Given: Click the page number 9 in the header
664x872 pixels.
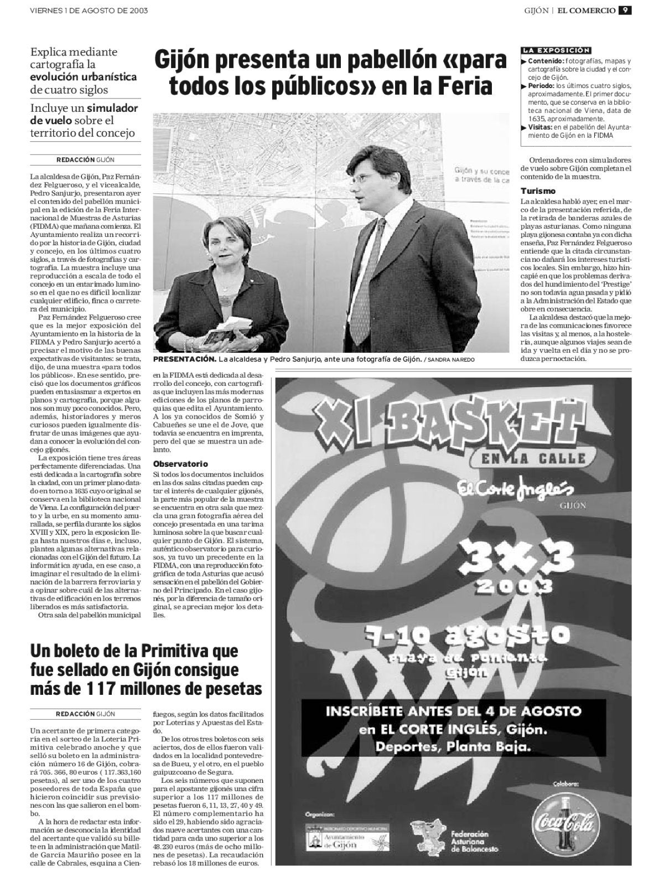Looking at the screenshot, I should point(625,10).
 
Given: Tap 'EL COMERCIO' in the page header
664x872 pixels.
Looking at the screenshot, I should point(586,11).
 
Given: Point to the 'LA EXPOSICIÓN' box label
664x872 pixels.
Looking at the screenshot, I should point(556,50).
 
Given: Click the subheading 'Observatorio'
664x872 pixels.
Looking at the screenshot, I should point(180,463).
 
